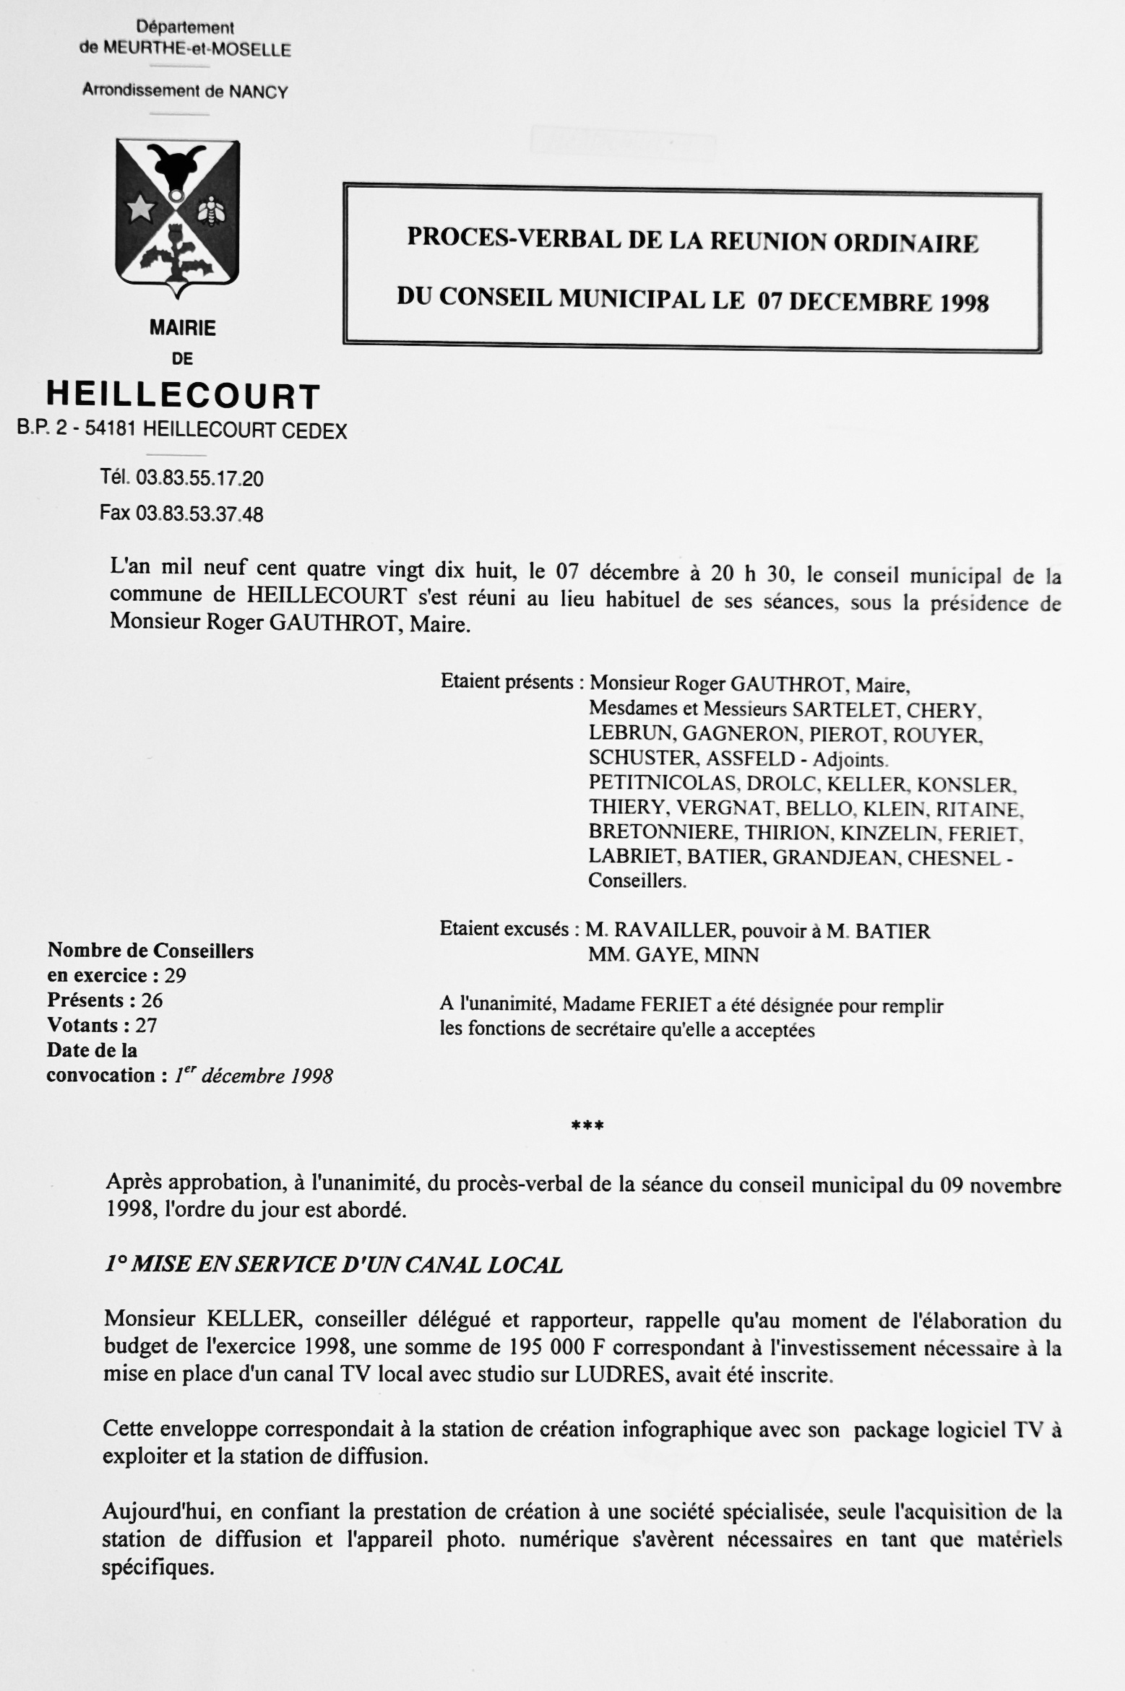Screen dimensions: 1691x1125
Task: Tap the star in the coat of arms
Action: pos(142,210)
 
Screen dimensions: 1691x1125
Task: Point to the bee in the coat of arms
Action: pos(212,210)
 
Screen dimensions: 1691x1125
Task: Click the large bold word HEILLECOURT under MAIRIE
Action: pos(183,396)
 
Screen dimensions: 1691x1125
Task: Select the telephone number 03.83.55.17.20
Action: pos(199,478)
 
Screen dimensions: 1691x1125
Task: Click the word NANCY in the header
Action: pos(258,92)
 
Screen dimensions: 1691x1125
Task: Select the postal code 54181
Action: pos(111,431)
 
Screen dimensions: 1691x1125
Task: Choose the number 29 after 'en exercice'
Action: pos(176,976)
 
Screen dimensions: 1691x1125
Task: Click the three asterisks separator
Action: pos(587,1125)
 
